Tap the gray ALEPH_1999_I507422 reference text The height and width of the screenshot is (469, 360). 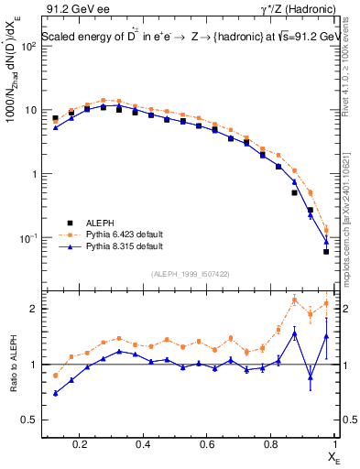click(191, 274)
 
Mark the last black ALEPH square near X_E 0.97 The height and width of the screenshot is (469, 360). click(326, 251)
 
